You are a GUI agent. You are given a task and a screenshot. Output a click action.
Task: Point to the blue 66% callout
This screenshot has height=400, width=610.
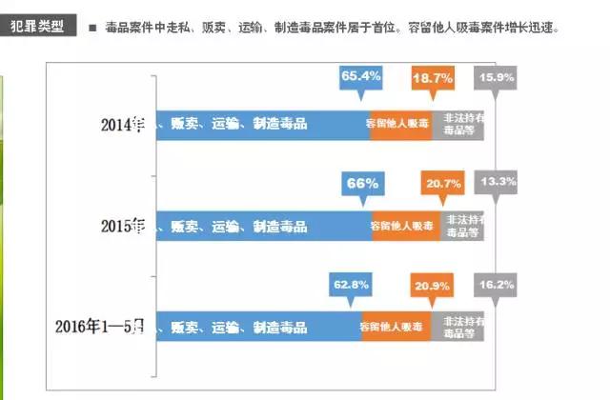click(362, 182)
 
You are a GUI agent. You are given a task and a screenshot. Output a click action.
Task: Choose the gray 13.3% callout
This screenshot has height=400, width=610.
click(498, 181)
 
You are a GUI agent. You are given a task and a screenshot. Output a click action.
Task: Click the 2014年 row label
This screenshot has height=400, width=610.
click(125, 124)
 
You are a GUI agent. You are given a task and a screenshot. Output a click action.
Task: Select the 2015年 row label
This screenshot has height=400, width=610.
click(125, 226)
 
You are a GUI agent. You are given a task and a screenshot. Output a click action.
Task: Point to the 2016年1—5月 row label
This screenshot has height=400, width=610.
click(101, 327)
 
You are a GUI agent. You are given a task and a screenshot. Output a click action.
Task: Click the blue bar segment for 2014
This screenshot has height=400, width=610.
click(262, 124)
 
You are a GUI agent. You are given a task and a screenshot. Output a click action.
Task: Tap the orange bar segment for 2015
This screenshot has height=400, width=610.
click(408, 226)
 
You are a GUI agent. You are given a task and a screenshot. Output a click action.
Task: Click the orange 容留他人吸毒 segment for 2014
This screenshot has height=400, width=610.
click(400, 124)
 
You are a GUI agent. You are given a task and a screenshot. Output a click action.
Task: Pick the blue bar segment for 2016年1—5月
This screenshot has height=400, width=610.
click(257, 327)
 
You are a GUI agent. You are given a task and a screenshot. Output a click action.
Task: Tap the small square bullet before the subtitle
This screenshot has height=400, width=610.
click(92, 28)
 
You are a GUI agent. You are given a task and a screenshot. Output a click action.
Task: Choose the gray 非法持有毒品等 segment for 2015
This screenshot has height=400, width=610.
click(464, 226)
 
